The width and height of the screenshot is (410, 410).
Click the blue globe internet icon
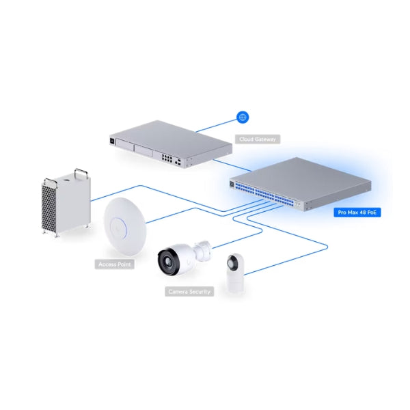click(243, 117)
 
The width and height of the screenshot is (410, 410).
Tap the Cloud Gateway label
click(258, 139)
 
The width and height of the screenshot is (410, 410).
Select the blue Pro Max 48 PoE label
click(357, 213)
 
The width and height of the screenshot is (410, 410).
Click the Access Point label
click(115, 264)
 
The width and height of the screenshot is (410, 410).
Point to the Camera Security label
click(189, 292)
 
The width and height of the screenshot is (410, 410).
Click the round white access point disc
click(125, 226)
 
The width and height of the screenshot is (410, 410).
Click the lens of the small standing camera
click(232, 263)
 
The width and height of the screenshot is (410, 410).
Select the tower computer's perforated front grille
click(49, 207)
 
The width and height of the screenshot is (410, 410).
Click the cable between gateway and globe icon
click(216, 126)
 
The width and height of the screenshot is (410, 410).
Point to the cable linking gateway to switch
click(232, 165)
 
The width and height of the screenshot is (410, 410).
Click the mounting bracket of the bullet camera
click(202, 251)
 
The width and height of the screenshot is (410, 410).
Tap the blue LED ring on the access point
click(118, 227)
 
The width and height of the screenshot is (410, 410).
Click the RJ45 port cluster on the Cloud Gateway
click(167, 159)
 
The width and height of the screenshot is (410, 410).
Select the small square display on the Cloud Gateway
click(112, 141)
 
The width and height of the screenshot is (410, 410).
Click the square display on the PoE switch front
click(232, 184)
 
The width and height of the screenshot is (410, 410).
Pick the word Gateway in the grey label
click(265, 139)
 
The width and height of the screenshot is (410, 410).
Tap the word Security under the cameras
click(200, 292)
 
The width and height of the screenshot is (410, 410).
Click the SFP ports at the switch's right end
click(297, 204)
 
